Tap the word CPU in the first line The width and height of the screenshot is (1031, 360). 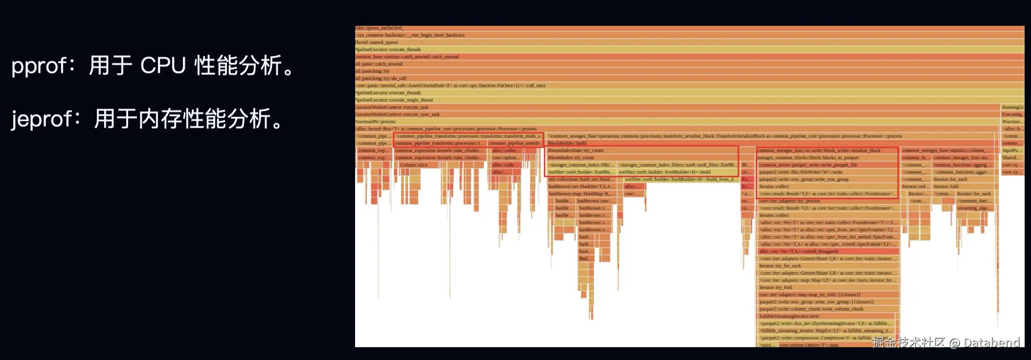pos(163,66)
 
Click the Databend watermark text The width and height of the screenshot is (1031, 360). pos(992,342)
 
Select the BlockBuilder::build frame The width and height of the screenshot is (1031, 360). pos(567,143)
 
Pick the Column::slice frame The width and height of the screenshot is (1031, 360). pos(414,165)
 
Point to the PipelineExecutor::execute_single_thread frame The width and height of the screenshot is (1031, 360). pos(394,100)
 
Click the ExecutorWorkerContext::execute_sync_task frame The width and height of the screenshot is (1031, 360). pos(398,114)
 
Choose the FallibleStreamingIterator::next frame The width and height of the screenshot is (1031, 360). pos(789,316)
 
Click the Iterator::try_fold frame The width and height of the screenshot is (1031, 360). pos(776,288)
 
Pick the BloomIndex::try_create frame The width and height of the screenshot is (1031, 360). pos(571,158)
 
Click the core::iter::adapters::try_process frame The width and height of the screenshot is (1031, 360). pos(790,201)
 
